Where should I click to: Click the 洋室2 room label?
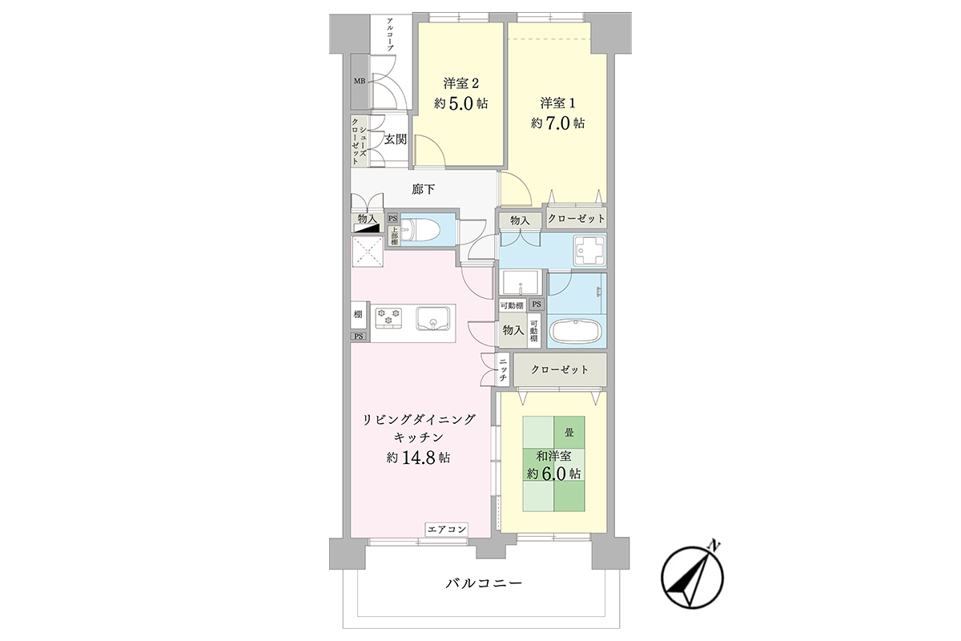[460, 83]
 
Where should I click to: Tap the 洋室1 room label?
[557, 103]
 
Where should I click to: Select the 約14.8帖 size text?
[418, 458]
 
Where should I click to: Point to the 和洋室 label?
[553, 456]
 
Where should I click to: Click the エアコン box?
[447, 530]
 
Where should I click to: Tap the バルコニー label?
[484, 583]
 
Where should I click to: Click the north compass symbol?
[692, 577]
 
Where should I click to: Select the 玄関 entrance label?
[395, 139]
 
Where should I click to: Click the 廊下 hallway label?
[423, 189]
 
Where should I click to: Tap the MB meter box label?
[360, 81]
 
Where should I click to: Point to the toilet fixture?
[420, 231]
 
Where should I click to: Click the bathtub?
[576, 330]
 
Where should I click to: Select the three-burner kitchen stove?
[388, 318]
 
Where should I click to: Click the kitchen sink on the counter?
[433, 318]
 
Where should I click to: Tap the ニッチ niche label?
[503, 369]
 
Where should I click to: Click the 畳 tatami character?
[569, 433]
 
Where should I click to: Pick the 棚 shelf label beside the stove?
[358, 314]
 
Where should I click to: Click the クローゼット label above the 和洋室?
[560, 369]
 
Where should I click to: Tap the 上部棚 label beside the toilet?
[394, 236]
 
